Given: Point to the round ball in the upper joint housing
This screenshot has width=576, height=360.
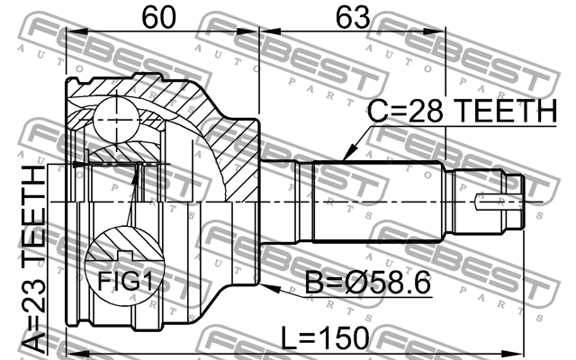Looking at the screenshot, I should (115, 114).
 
